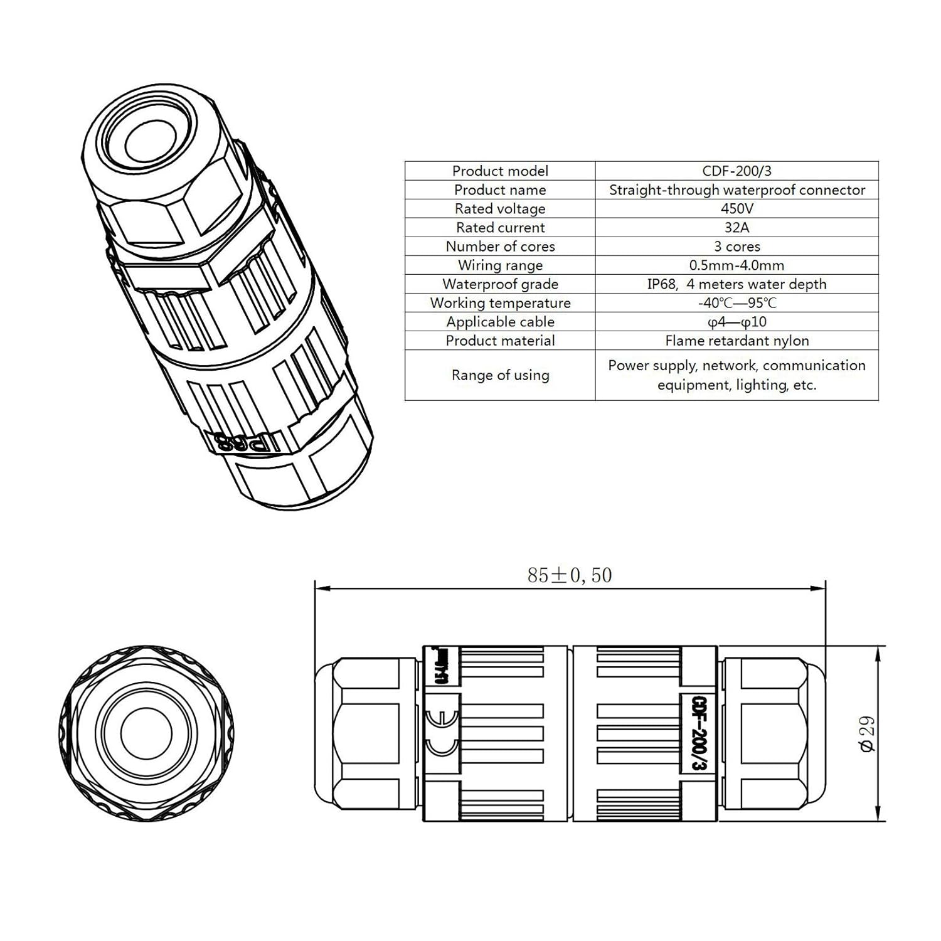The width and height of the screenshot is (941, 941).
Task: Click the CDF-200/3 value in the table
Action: click(x=736, y=171)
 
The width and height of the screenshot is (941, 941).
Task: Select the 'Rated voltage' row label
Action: click(x=500, y=208)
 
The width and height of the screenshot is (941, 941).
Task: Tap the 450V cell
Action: click(x=736, y=208)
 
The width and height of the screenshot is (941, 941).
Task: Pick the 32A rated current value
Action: click(x=736, y=227)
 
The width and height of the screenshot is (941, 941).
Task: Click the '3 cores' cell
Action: click(x=736, y=246)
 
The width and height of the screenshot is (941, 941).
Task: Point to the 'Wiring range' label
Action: click(x=500, y=265)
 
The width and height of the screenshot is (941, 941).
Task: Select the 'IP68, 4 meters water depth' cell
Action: click(x=736, y=284)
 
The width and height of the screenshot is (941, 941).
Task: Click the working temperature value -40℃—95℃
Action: click(x=736, y=303)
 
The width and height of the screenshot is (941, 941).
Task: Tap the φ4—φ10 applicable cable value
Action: click(x=736, y=322)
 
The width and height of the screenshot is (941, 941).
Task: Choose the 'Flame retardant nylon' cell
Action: click(x=736, y=341)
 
